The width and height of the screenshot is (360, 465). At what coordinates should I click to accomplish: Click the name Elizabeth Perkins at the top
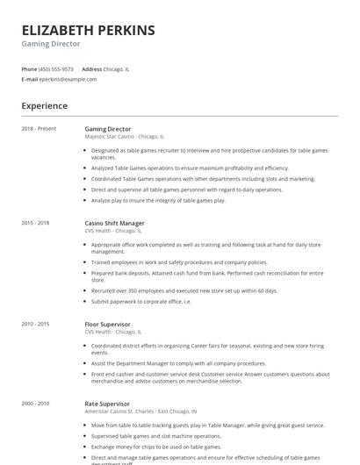88,31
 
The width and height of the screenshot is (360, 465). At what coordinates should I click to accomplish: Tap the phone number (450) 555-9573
56,68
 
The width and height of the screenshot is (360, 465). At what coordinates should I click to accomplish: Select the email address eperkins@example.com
68,79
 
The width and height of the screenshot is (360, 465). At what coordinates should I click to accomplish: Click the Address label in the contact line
91,68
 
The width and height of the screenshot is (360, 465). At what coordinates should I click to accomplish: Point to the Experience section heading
45,106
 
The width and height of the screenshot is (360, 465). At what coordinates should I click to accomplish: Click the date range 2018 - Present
39,129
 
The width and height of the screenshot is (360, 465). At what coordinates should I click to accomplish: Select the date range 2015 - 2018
36,224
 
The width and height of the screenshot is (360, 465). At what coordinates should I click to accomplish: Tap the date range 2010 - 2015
36,324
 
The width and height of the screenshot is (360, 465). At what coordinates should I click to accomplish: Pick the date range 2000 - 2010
36,403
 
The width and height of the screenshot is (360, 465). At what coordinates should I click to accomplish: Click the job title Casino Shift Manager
115,224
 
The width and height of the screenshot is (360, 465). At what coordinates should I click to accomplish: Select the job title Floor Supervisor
107,324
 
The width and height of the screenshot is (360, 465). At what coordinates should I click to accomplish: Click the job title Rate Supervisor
106,403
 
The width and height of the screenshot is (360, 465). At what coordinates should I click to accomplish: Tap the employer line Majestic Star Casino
124,137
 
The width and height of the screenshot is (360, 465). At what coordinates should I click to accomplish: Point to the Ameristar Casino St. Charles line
140,411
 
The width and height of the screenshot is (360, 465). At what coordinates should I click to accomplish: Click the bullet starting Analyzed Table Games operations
190,168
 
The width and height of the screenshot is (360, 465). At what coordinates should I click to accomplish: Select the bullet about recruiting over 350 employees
184,290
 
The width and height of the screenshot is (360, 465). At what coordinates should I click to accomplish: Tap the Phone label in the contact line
29,68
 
